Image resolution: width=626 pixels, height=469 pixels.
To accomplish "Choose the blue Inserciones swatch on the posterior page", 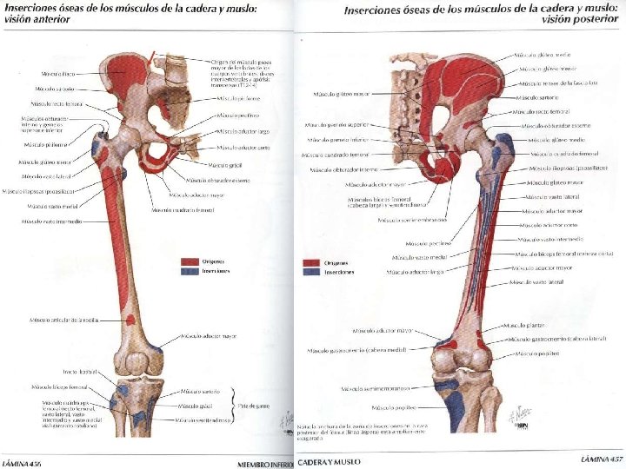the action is click(310, 273).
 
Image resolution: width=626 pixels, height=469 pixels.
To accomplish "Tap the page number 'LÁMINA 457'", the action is click(602, 458).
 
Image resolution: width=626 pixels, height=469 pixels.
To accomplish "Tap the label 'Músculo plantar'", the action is click(527, 326).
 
